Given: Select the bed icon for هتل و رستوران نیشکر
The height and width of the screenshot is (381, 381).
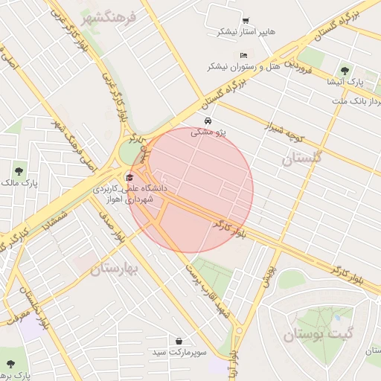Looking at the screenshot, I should click(243, 55).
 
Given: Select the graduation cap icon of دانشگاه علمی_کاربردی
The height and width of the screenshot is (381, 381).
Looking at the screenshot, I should click(130, 177).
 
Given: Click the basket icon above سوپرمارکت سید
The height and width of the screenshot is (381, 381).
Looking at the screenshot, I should click(179, 340).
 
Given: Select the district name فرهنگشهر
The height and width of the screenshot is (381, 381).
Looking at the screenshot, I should click(110, 16).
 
